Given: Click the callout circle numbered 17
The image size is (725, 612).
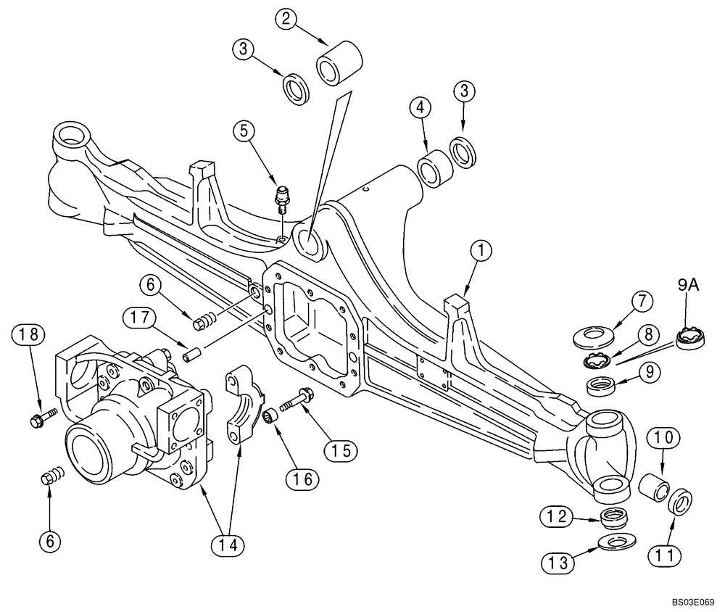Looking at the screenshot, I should [135, 317].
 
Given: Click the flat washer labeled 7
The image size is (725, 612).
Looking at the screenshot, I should [590, 336].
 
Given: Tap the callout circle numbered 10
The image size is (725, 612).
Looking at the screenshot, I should [667, 437].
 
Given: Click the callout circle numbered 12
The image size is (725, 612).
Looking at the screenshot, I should [553, 516].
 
